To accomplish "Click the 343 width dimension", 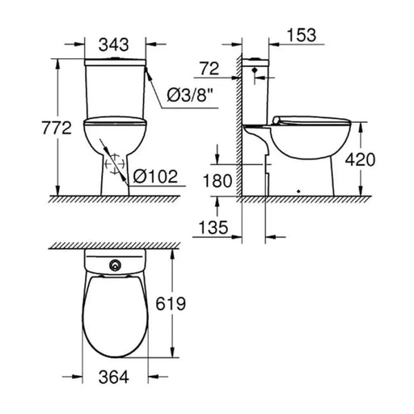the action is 113,44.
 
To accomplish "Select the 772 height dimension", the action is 57,128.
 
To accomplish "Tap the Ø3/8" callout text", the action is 190,95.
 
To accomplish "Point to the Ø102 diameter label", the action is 155,176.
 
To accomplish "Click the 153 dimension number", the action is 302,36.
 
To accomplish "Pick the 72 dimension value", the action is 209,69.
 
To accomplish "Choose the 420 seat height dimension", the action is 360,159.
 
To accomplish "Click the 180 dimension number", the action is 218,180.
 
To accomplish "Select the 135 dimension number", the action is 213,227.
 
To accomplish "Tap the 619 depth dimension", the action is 171,303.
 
